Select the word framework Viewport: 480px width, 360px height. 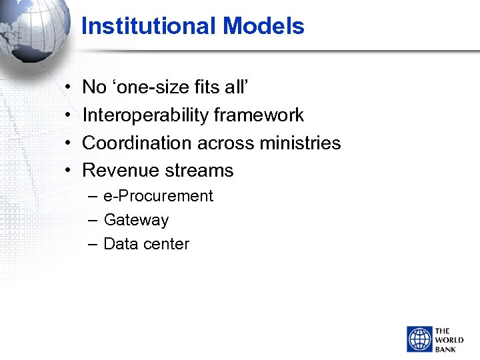click(x=258, y=115)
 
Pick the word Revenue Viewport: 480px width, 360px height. click(x=117, y=171)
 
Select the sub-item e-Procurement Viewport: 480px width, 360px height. click(x=158, y=196)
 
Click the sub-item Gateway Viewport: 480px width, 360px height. click(x=136, y=220)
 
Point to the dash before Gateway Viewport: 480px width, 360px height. click(x=92, y=220)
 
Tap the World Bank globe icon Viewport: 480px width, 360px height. click(x=420, y=339)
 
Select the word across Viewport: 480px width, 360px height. click(x=226, y=143)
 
